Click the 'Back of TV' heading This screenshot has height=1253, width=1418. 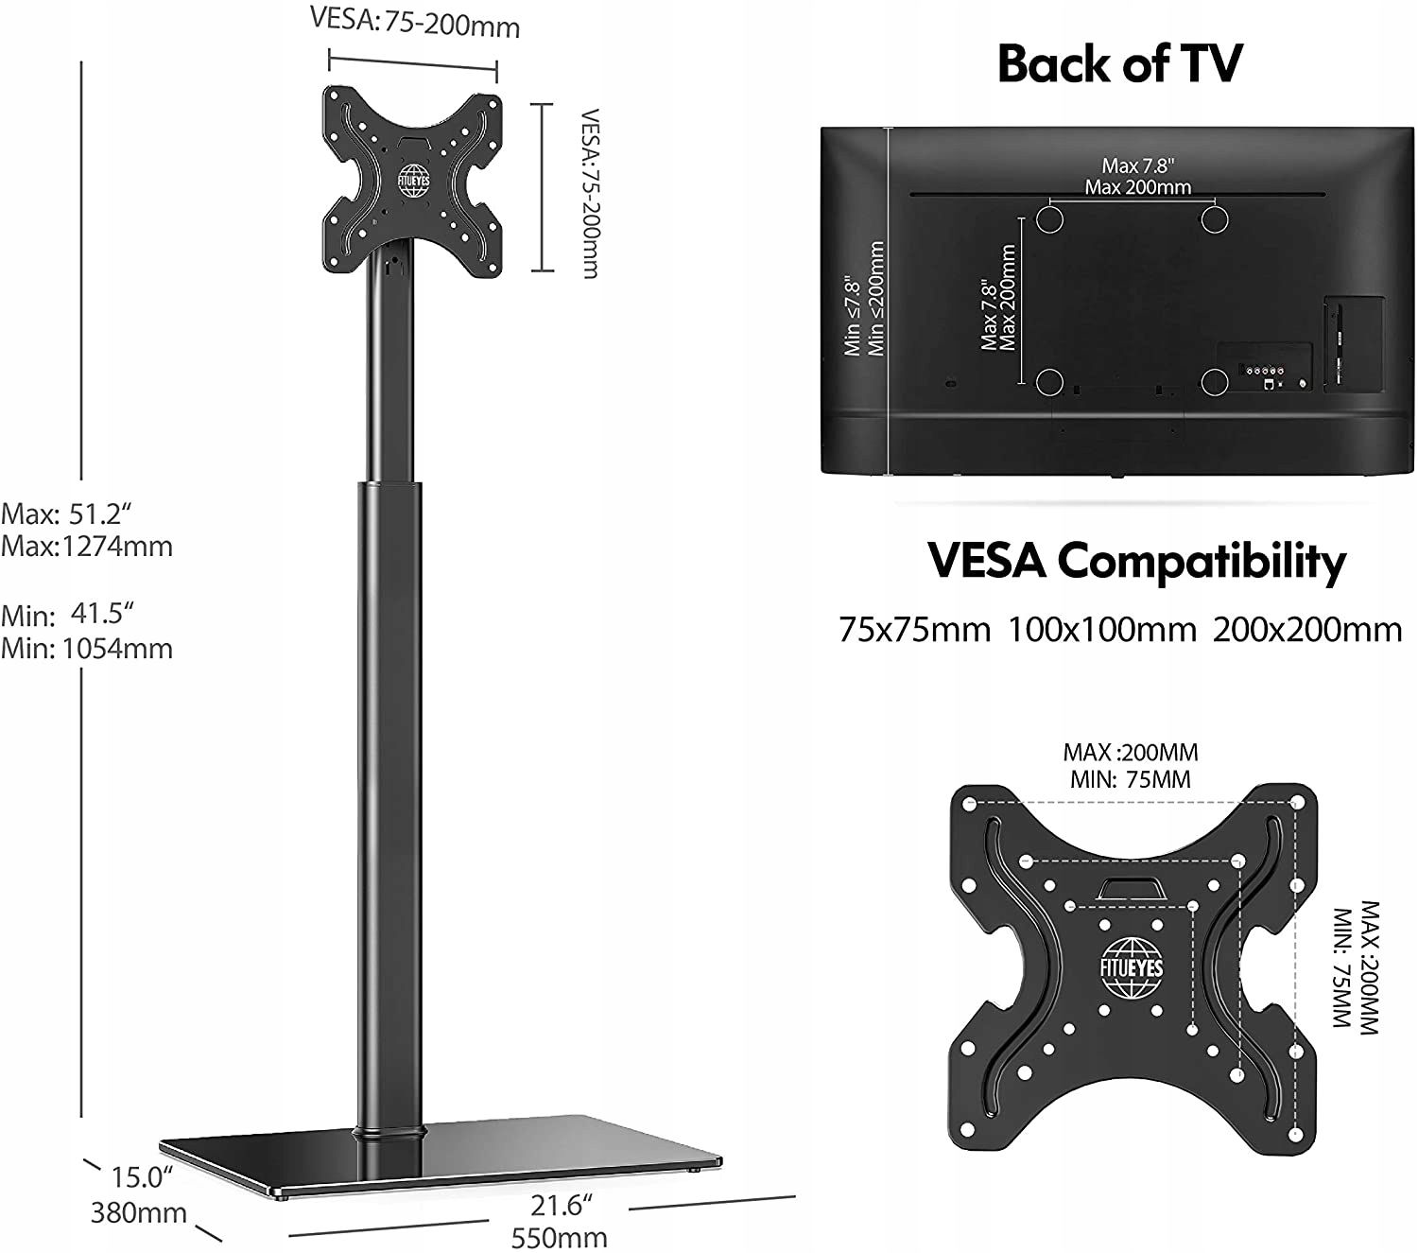[x=1119, y=63]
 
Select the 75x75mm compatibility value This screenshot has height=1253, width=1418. [x=914, y=630]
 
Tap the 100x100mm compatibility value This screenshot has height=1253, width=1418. [x=1101, y=630]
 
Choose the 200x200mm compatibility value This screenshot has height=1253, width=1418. [x=1307, y=630]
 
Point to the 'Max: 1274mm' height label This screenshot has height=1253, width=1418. [x=87, y=547]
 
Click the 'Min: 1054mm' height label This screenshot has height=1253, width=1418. [x=87, y=649]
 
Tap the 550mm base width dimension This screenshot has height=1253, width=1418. [x=559, y=1238]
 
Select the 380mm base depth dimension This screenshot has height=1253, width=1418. [x=139, y=1212]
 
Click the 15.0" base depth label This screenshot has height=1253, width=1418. [x=142, y=1178]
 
